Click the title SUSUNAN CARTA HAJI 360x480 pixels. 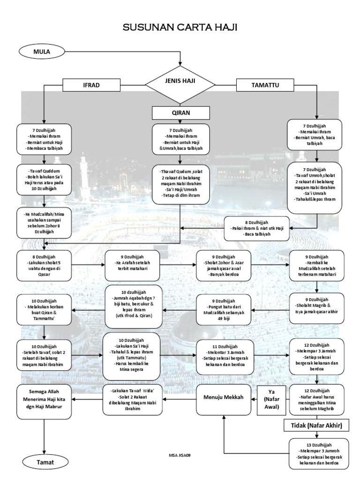pos(180,28)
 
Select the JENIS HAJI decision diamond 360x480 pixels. pos(180,85)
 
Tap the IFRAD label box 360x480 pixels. pos(91,85)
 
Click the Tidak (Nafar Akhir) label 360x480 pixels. pos(318,425)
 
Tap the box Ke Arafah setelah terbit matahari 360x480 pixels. pos(133,265)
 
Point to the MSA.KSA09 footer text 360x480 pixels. pos(180,455)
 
